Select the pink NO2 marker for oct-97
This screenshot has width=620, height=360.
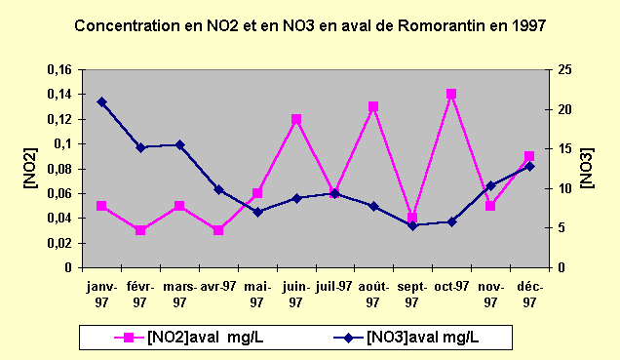coord(451,95)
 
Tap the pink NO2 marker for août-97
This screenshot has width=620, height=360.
coord(373,106)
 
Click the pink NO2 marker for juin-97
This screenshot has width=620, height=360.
coord(295,119)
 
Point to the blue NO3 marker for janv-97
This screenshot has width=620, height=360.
coord(101,101)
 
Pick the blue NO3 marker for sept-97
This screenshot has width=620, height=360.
coord(412,225)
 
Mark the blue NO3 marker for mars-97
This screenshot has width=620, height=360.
coord(179,144)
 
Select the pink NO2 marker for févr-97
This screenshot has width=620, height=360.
coord(140,230)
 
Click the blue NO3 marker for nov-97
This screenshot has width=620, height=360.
coord(490,185)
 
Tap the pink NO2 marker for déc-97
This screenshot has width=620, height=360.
coord(529,156)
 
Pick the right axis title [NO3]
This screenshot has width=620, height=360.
coord(588,168)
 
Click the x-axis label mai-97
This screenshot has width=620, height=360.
coord(257,294)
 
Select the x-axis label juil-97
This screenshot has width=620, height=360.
coord(334,287)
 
